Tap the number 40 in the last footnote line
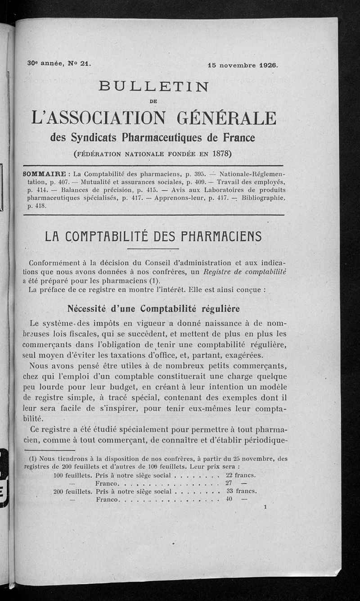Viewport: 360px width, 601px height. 229,499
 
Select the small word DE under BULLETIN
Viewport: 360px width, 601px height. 154,102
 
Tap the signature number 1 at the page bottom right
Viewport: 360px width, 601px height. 266,507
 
